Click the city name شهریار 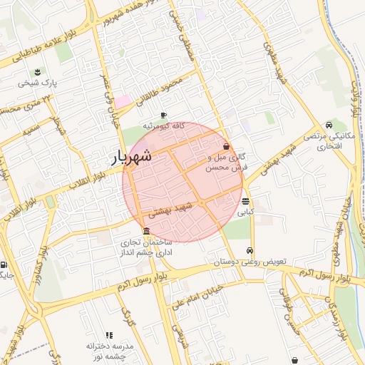point(133,158)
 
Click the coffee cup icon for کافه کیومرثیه point(163,115)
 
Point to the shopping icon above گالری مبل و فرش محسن point(226,145)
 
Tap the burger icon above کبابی point(245,201)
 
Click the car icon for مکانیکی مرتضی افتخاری point(328,124)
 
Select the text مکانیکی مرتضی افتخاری point(329,140)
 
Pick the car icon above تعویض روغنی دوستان point(250,250)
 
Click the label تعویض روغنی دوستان point(250,262)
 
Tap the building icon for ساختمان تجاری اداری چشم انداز point(146,231)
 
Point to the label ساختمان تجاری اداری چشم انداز point(147,247)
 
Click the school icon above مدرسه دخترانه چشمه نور point(109,334)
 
